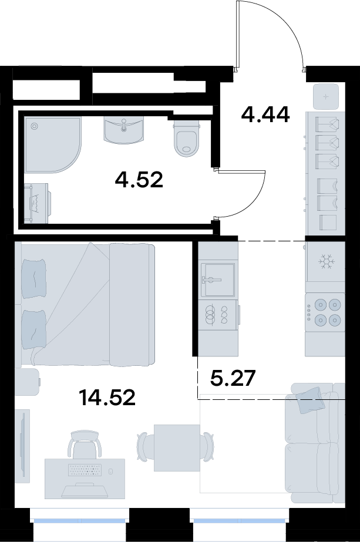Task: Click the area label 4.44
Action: pyautogui.click(x=265, y=115)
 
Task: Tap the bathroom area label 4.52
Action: pyautogui.click(x=139, y=180)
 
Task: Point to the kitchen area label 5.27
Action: pyautogui.click(x=233, y=378)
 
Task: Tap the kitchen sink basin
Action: pyautogui.click(x=218, y=280)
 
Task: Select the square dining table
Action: pyautogui.click(x=177, y=447)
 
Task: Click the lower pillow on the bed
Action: pyautogui.click(x=34, y=331)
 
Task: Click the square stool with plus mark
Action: pyautogui.click(x=326, y=96)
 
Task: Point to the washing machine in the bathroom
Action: pyautogui.click(x=38, y=204)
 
